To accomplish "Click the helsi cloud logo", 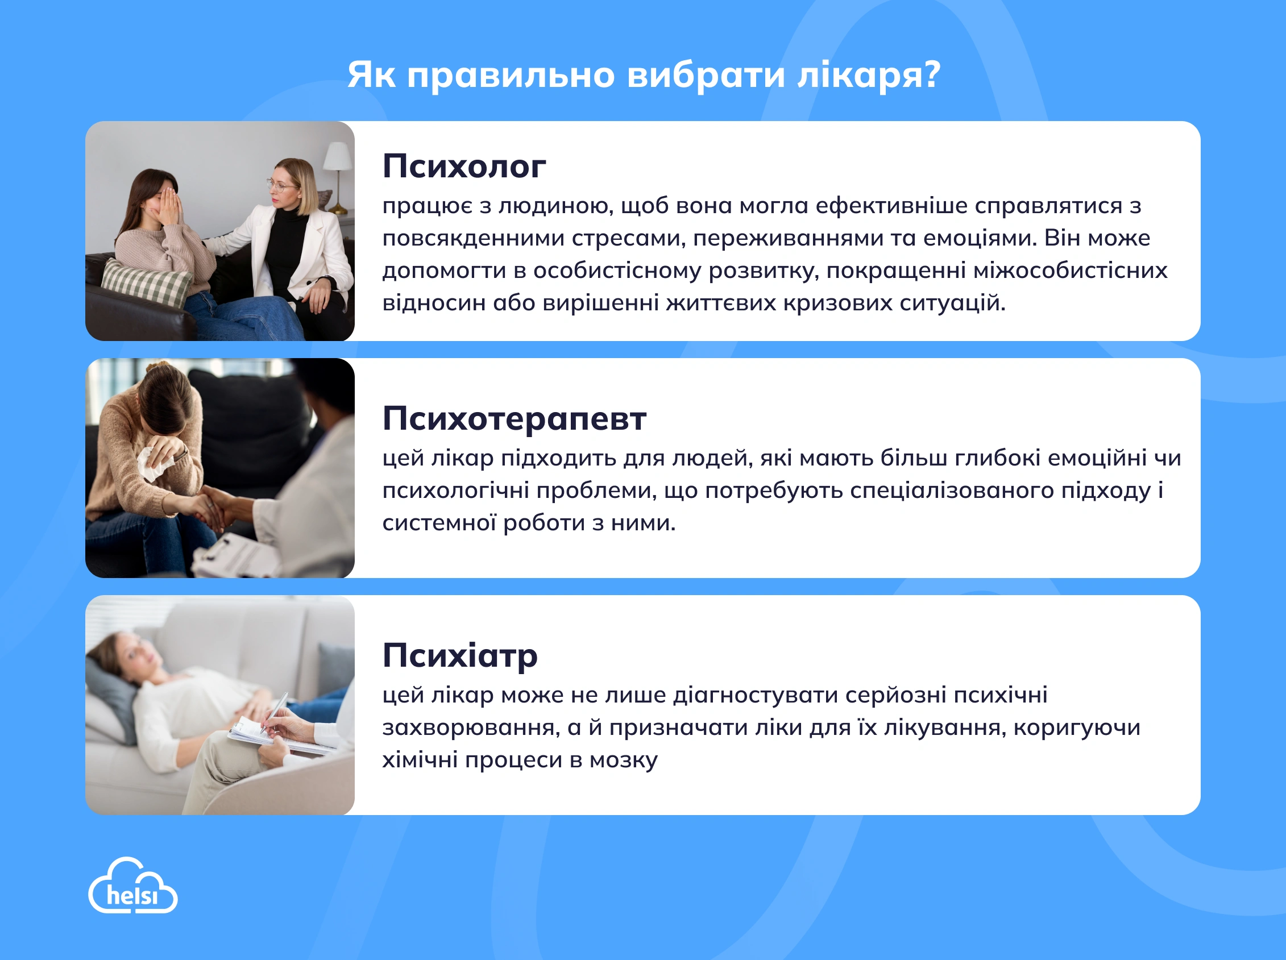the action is [x=132, y=886].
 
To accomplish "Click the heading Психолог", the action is [x=464, y=167].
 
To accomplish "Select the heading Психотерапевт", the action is [x=515, y=418].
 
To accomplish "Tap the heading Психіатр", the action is [x=460, y=655].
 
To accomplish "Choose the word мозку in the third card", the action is [x=624, y=760].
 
